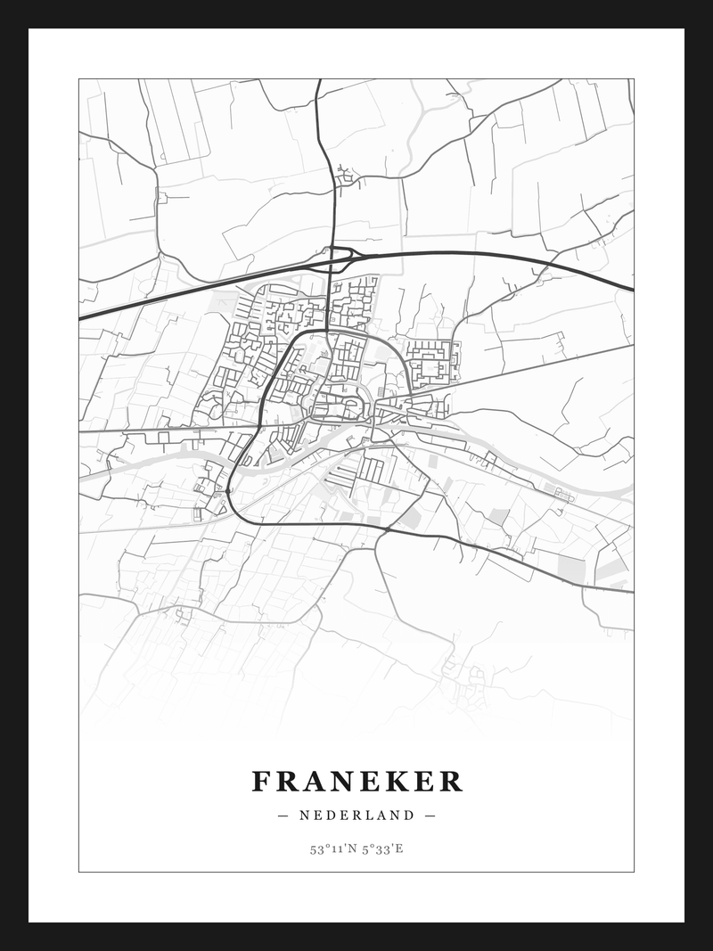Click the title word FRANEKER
[x=356, y=782]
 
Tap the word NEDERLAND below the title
[x=356, y=815]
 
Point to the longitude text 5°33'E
[x=382, y=849]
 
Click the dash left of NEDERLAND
[x=283, y=815]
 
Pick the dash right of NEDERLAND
[x=430, y=815]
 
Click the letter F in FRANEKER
[x=260, y=782]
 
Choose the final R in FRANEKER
[x=452, y=782]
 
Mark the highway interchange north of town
[x=340, y=256]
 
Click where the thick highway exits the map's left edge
[x=80, y=318]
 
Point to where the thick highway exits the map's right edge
[x=633, y=290]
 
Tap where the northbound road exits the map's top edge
[x=318, y=80]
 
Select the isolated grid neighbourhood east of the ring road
[x=433, y=362]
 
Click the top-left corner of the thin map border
[x=79, y=79]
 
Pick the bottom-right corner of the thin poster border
[x=634, y=872]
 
